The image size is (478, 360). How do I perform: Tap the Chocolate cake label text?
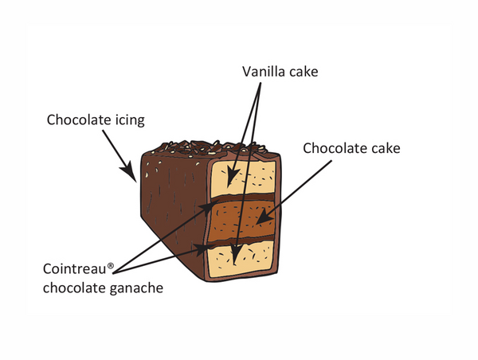click(x=351, y=147)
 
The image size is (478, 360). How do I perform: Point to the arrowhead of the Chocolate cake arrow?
click(x=262, y=217)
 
